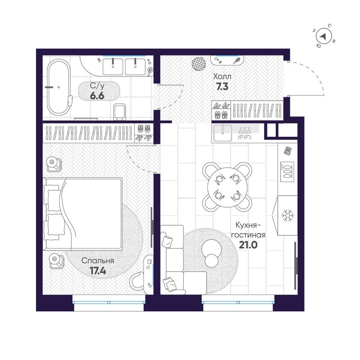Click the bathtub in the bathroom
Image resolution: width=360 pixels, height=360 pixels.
pos(59,88)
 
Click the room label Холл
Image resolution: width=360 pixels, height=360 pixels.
pos(222,76)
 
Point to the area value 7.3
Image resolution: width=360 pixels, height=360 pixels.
pos(222,86)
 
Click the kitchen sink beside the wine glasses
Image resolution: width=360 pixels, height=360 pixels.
pos(223,133)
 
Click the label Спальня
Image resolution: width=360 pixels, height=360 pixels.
pos(97,261)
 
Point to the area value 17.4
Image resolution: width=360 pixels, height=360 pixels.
pos(97,270)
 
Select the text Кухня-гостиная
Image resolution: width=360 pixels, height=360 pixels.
pos(248,230)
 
